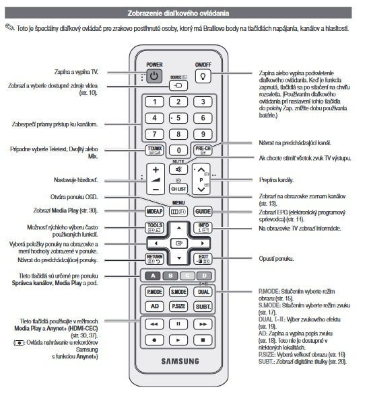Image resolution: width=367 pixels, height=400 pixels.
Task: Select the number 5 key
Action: click(x=178, y=119)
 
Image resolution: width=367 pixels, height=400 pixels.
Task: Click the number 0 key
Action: click(x=178, y=150)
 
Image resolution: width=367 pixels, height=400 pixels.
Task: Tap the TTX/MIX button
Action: click(x=154, y=149)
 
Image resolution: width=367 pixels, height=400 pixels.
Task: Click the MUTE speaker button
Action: click(x=178, y=170)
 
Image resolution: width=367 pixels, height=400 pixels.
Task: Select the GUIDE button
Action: click(x=203, y=211)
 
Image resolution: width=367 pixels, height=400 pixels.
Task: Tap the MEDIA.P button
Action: click(x=154, y=211)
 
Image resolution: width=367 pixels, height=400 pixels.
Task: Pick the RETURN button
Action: click(x=154, y=257)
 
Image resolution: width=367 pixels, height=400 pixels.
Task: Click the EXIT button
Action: click(x=203, y=257)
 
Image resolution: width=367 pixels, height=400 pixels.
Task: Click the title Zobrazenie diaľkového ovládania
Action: click(x=178, y=13)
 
